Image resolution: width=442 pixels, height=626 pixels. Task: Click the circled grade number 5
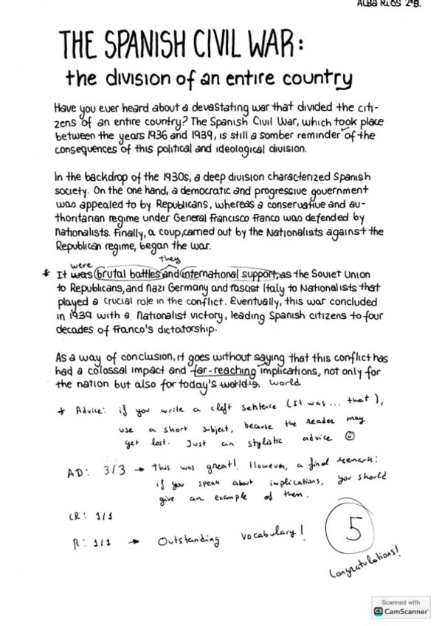coord(356,529)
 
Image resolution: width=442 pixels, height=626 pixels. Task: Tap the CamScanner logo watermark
coord(404,611)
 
